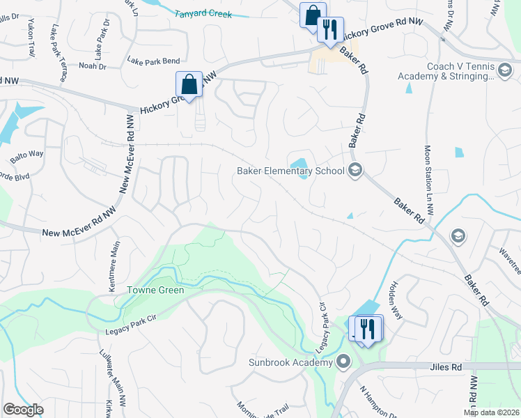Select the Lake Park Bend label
[x=153, y=61]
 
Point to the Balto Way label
[x=26, y=153]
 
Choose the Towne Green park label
[x=155, y=290]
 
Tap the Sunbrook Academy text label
[x=290, y=363]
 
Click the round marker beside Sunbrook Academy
[x=343, y=362]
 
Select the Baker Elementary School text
[x=290, y=171]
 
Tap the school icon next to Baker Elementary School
[x=355, y=170]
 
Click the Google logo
[x=23, y=410]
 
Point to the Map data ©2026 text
[x=492, y=412]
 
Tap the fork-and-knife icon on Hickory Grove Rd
[x=330, y=29]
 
